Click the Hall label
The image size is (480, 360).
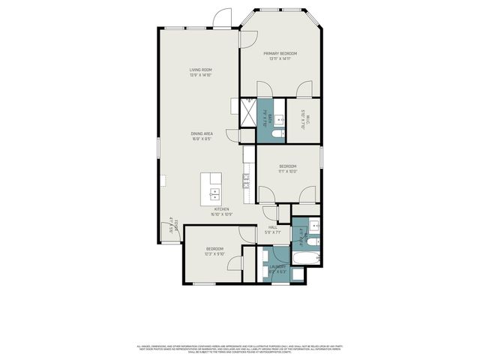(x=273, y=226)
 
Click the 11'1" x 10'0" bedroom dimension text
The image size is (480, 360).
(x=288, y=172)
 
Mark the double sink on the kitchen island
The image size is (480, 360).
(x=213, y=196)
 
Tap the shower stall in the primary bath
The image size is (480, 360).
(x=248, y=112)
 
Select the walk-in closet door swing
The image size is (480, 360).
(x=304, y=89)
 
